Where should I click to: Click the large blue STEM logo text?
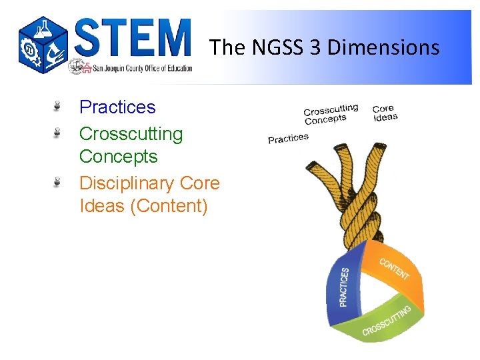pyautogui.click(x=133, y=38)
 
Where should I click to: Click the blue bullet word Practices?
pyautogui.click(x=117, y=107)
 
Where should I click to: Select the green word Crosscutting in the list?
pyautogui.click(x=131, y=133)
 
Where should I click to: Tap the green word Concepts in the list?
pyautogui.click(x=118, y=157)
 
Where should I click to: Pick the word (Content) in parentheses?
pyautogui.click(x=169, y=206)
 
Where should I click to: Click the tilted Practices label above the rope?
pyautogui.click(x=288, y=138)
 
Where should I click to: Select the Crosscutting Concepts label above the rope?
pyautogui.click(x=331, y=113)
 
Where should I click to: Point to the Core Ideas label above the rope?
pyautogui.click(x=385, y=113)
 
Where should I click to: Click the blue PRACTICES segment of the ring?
pyautogui.click(x=343, y=286)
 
